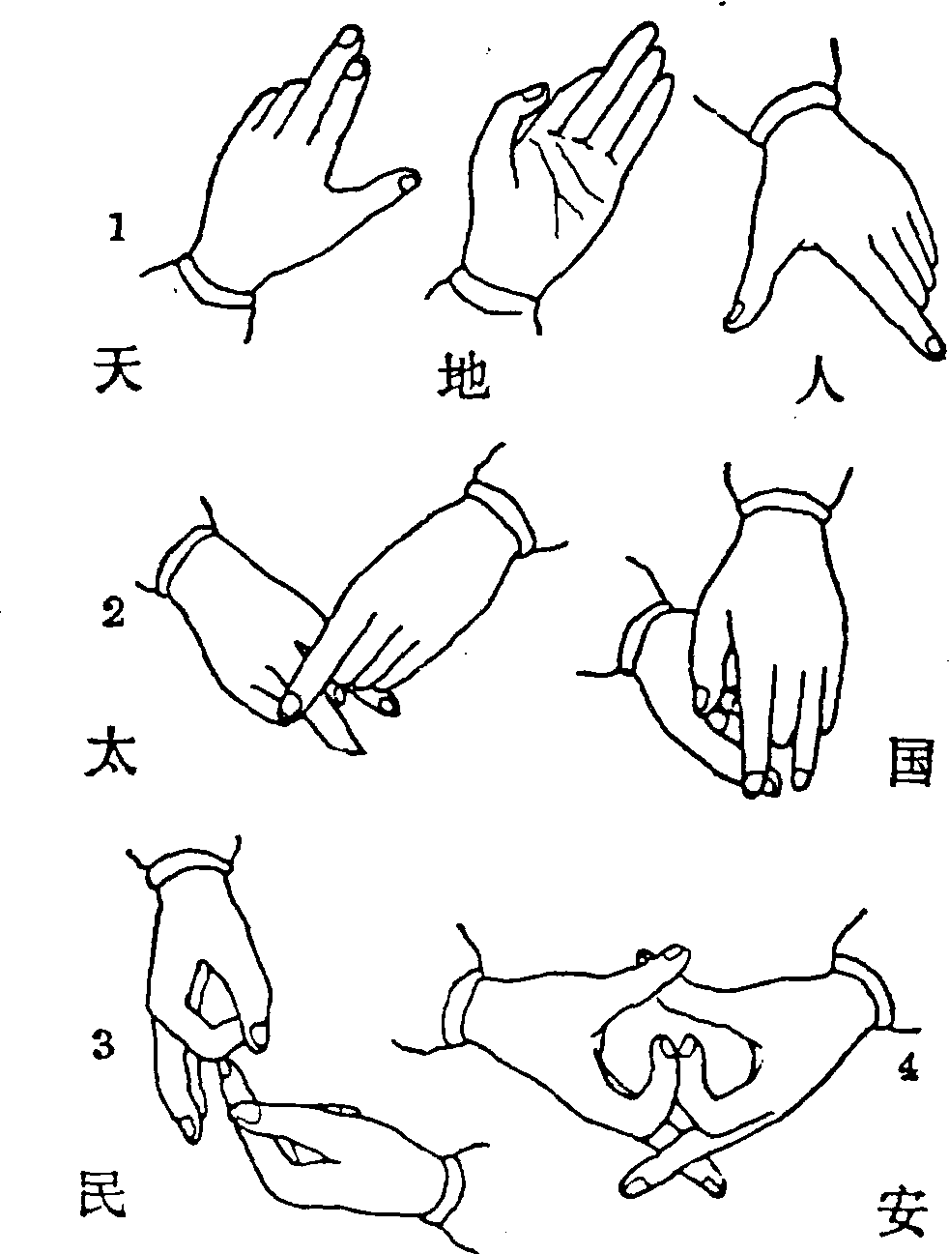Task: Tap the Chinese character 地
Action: pos(464,378)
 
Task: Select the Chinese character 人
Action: pos(820,379)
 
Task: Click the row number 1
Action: pos(117,228)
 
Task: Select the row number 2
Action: pos(112,614)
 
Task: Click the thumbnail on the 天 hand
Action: pos(408,183)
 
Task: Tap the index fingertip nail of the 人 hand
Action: pos(935,345)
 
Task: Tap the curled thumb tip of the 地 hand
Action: pos(533,94)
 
